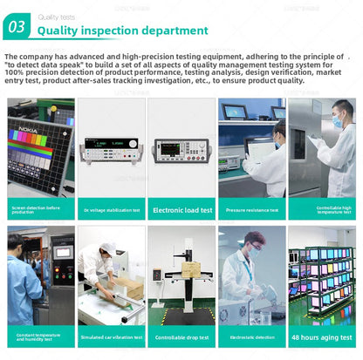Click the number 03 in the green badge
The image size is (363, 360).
click(x=17, y=27)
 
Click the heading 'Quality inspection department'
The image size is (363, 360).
click(x=121, y=31)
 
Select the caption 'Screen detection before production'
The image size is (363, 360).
click(x=41, y=210)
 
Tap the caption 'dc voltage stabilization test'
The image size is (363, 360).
click(x=112, y=210)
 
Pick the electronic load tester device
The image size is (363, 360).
click(x=181, y=150)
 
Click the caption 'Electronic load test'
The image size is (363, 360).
click(x=181, y=210)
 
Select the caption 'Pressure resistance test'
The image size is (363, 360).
click(x=251, y=210)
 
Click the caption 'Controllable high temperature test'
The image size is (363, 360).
click(x=322, y=210)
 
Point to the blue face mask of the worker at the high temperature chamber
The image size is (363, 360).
click(x=336, y=123)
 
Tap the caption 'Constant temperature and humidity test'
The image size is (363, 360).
click(x=41, y=337)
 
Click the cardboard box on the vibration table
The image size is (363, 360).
click(x=128, y=289)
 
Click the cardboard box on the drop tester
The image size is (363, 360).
click(x=190, y=269)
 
